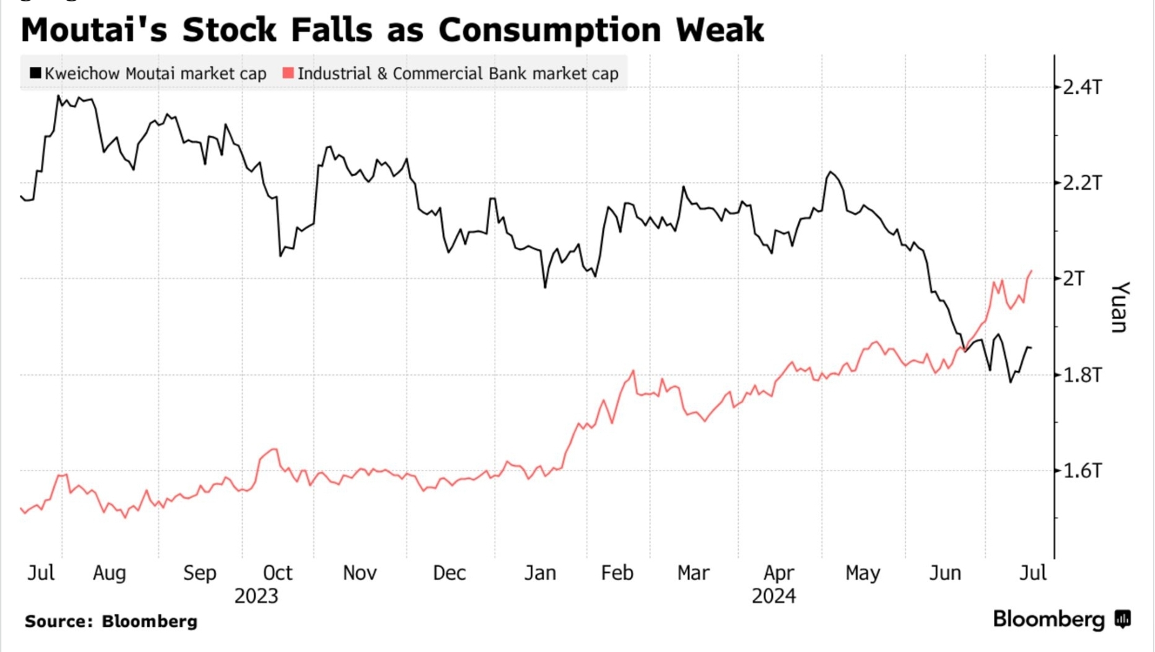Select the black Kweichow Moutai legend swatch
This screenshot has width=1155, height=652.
click(35, 73)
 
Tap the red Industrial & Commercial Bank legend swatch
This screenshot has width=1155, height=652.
click(288, 73)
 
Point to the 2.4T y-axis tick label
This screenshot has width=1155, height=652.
click(1082, 87)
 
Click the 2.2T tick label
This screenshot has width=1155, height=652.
click(1082, 183)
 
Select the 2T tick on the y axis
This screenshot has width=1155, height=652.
click(1074, 278)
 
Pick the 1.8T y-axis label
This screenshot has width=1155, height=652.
click(1082, 375)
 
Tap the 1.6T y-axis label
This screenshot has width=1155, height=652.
click(1082, 471)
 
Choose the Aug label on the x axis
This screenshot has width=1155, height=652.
click(109, 573)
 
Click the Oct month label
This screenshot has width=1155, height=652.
click(278, 573)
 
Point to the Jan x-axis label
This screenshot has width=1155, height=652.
click(540, 573)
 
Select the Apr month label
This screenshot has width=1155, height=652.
click(778, 573)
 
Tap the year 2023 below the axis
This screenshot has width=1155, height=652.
click(256, 596)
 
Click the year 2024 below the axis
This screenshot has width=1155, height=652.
click(774, 596)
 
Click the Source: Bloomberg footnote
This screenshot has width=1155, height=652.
click(111, 621)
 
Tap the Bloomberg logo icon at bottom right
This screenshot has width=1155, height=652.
click(1122, 619)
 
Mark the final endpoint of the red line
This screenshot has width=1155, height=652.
click(1032, 271)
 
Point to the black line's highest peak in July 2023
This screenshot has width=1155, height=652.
click(59, 95)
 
